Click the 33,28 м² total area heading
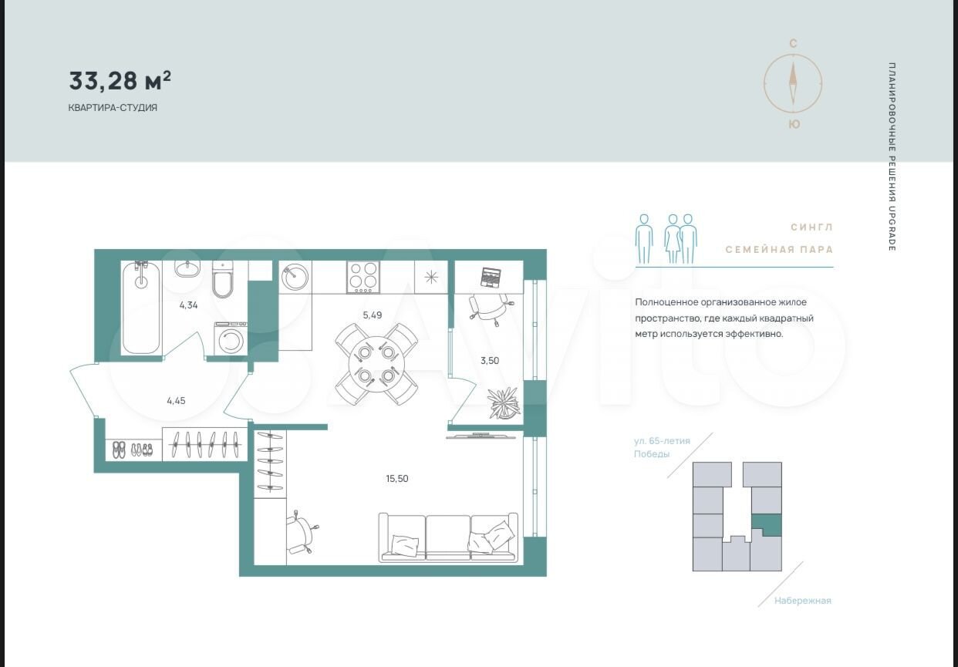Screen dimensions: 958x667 pyautogui.click(x=120, y=81)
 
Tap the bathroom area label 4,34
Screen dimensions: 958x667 pyautogui.click(x=189, y=305)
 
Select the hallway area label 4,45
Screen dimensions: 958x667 pyautogui.click(x=176, y=401)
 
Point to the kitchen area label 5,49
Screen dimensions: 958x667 pyautogui.click(x=373, y=315)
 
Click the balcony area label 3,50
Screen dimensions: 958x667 pyautogui.click(x=490, y=360)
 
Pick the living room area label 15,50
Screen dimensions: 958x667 pyautogui.click(x=397, y=478)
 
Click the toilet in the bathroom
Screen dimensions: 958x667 pyautogui.click(x=223, y=280)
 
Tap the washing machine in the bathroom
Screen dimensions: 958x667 pyautogui.click(x=231, y=339)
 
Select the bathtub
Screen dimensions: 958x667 pyautogui.click(x=141, y=308)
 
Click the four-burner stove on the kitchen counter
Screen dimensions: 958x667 pyautogui.click(x=363, y=277)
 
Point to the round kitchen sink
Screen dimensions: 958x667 pyautogui.click(x=295, y=277)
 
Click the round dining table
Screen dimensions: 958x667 pyautogui.click(x=376, y=364)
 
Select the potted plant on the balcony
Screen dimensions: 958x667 pyautogui.click(x=504, y=403)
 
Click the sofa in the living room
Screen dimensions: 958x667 pyautogui.click(x=448, y=537)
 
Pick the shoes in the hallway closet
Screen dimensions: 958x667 pyautogui.click(x=132, y=450)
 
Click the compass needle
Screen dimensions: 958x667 pyautogui.click(x=793, y=83)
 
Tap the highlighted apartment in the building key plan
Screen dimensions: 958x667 pyautogui.click(x=767, y=525)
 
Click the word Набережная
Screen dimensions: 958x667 pyautogui.click(x=803, y=601)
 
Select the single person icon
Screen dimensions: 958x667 pyautogui.click(x=644, y=238)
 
